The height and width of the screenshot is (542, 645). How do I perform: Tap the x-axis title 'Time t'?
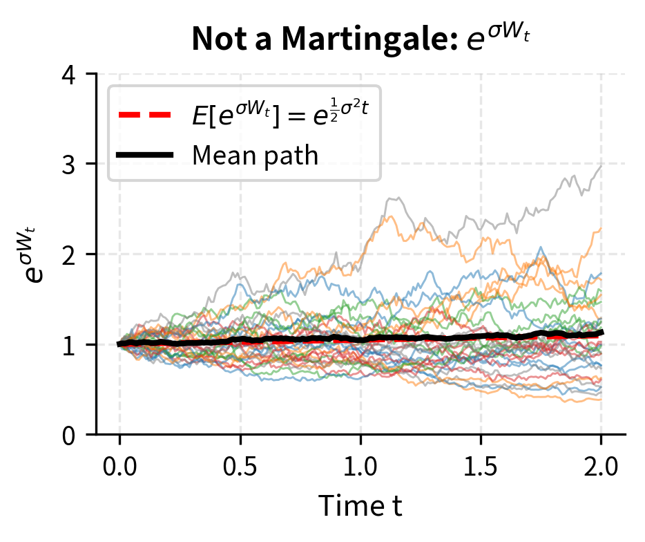click(x=360, y=507)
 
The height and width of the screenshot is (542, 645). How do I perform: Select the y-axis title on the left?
click(x=35, y=254)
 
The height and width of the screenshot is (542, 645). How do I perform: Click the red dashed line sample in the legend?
click(x=144, y=115)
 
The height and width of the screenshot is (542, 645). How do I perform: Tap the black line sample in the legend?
click(x=144, y=156)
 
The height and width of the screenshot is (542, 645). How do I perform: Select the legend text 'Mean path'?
click(x=255, y=156)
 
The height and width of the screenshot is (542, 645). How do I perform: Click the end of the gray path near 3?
click(x=601, y=166)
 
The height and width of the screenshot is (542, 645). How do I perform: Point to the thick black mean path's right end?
click(x=601, y=333)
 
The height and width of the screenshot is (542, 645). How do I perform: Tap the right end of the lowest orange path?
click(x=601, y=400)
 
